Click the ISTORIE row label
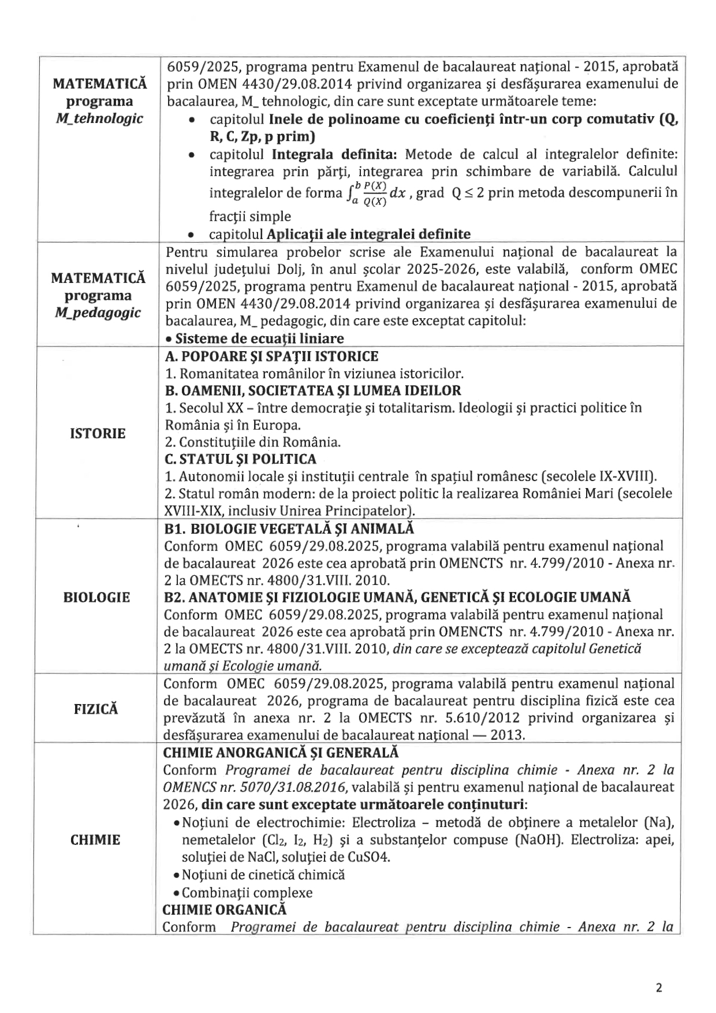(97, 433)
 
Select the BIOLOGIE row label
(96, 597)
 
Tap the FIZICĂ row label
(96, 709)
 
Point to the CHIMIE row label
(95, 840)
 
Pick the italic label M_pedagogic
(98, 312)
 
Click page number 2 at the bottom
(659, 987)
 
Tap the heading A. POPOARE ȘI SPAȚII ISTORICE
(271, 356)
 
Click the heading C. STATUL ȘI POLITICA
(240, 459)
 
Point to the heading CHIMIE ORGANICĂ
(225, 909)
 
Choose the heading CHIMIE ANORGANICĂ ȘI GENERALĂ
(281, 753)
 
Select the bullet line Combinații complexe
(247, 892)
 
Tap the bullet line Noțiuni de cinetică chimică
(263, 874)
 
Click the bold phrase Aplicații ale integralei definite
(368, 234)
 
